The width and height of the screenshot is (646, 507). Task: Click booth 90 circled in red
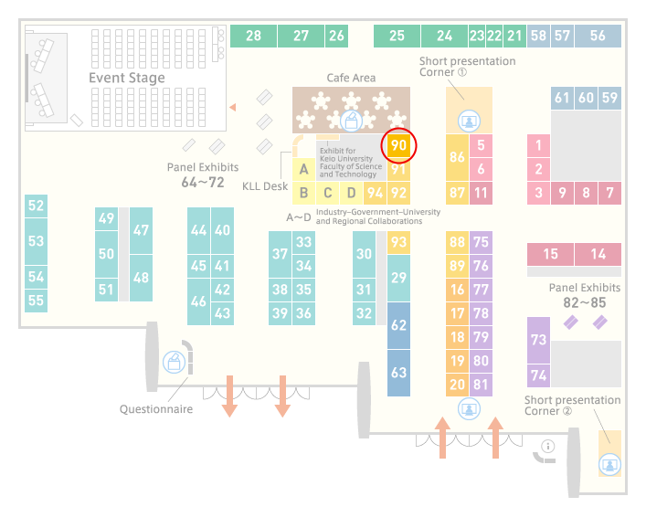pyautogui.click(x=398, y=145)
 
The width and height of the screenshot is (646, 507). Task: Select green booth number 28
pyautogui.click(x=253, y=36)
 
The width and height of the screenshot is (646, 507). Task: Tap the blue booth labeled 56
pyautogui.click(x=598, y=36)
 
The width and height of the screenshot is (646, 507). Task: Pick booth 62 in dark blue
pyautogui.click(x=398, y=325)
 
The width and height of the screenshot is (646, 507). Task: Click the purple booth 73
pyautogui.click(x=538, y=340)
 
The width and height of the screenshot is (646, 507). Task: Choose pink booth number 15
pyautogui.click(x=550, y=254)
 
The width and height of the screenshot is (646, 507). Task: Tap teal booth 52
pyautogui.click(x=36, y=206)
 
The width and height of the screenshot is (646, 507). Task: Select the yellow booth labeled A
pyautogui.click(x=303, y=169)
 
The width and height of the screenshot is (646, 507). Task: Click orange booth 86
pyautogui.click(x=457, y=157)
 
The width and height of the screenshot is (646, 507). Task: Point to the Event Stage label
pyautogui.click(x=127, y=78)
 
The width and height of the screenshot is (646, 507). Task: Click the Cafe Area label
pyautogui.click(x=351, y=78)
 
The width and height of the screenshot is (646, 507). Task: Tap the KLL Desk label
pyautogui.click(x=265, y=186)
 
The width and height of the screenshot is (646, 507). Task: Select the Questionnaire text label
pyautogui.click(x=156, y=409)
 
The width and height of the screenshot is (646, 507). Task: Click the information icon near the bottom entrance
pyautogui.click(x=548, y=446)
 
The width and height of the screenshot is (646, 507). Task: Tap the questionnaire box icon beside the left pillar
pyautogui.click(x=174, y=362)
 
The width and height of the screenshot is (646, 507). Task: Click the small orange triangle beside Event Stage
pyautogui.click(x=233, y=107)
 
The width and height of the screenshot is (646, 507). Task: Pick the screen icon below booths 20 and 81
pyautogui.click(x=469, y=409)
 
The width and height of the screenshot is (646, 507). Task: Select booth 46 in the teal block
pyautogui.click(x=198, y=301)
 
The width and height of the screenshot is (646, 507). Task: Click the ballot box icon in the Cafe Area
pyautogui.click(x=351, y=121)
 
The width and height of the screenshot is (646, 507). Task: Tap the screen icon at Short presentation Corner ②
pyautogui.click(x=609, y=465)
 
